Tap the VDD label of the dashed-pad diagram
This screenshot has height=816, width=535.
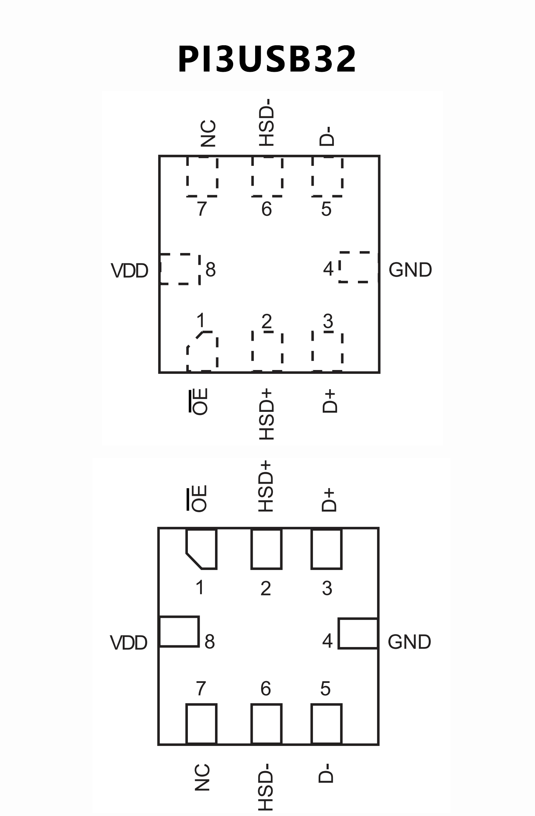tap(129, 271)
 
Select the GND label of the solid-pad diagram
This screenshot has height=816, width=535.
tap(409, 641)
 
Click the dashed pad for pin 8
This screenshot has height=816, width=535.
tap(180, 269)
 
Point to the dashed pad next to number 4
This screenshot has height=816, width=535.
tap(358, 267)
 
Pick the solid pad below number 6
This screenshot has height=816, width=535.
tap(266, 723)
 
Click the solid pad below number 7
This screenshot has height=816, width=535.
tap(201, 723)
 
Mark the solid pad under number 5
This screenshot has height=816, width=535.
tap(326, 723)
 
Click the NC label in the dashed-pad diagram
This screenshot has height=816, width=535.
tap(208, 134)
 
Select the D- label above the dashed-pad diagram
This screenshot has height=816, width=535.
tap(327, 137)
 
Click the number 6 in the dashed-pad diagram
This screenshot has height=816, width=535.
tap(266, 209)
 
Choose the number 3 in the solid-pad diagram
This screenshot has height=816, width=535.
tap(327, 588)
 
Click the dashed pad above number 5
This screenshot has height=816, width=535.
tap(327, 177)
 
